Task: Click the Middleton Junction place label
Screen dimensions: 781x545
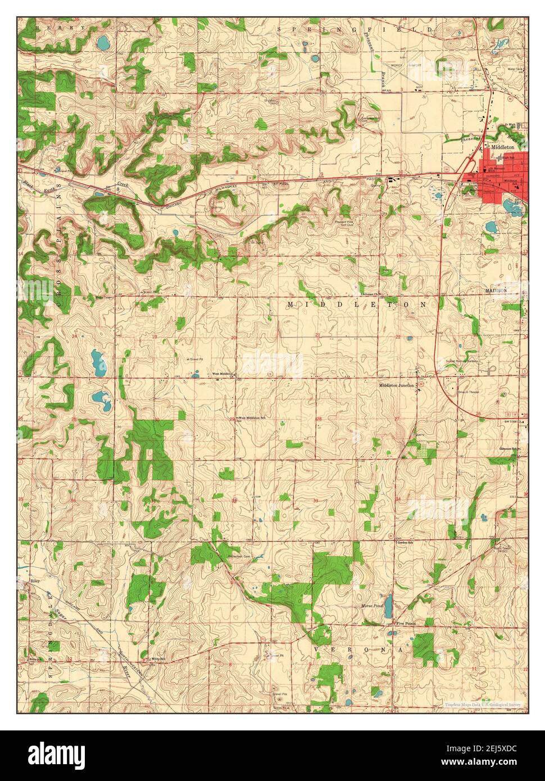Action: point(396,385)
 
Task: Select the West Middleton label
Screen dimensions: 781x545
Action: point(222,374)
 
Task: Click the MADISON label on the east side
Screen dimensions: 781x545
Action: point(497,290)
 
